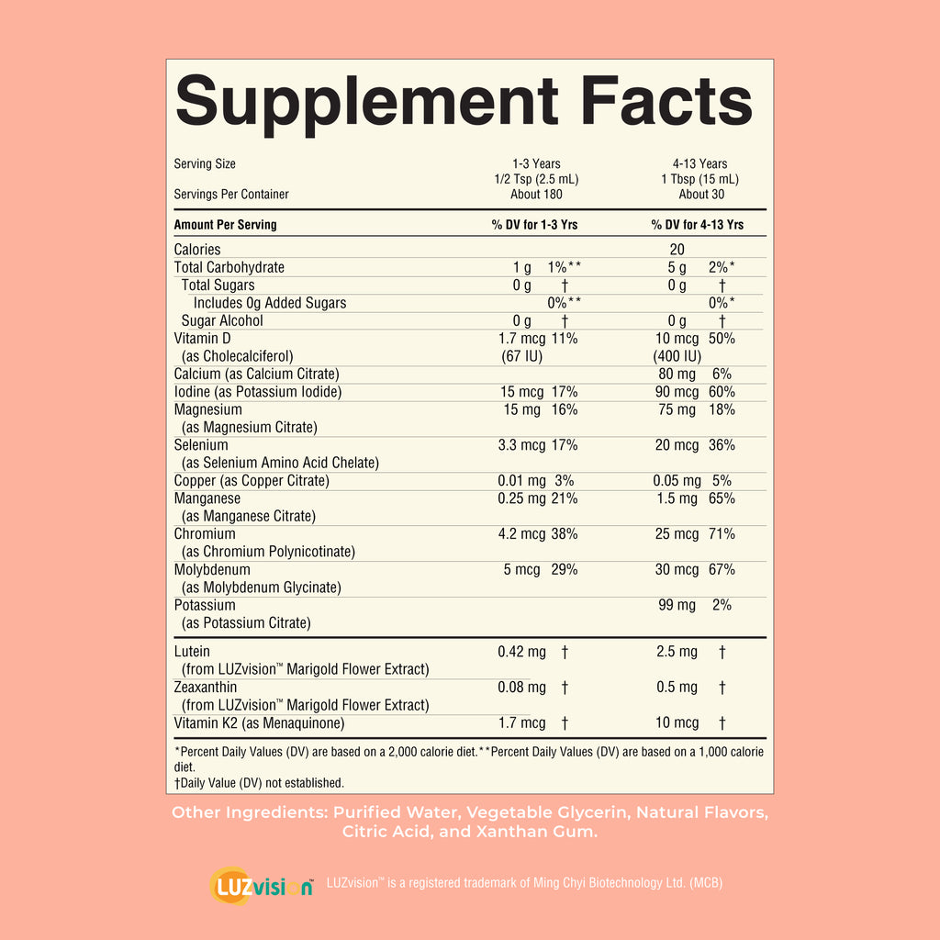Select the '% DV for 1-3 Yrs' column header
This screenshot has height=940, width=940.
tap(535, 225)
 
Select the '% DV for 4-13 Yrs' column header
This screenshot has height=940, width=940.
tap(698, 225)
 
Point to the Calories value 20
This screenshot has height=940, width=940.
tap(677, 250)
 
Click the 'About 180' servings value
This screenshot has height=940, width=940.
tap(536, 195)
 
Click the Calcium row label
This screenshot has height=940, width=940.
tap(256, 375)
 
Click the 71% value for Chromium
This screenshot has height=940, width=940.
tap(722, 534)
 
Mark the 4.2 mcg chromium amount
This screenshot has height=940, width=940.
tap(520, 534)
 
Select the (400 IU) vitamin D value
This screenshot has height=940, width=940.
tap(677, 356)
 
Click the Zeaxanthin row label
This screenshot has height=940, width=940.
tap(206, 688)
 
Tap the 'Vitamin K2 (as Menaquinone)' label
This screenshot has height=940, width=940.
tap(260, 723)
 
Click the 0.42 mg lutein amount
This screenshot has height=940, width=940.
tap(521, 653)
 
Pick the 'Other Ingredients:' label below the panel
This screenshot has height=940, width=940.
tap(248, 812)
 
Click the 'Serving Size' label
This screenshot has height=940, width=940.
tap(205, 164)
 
